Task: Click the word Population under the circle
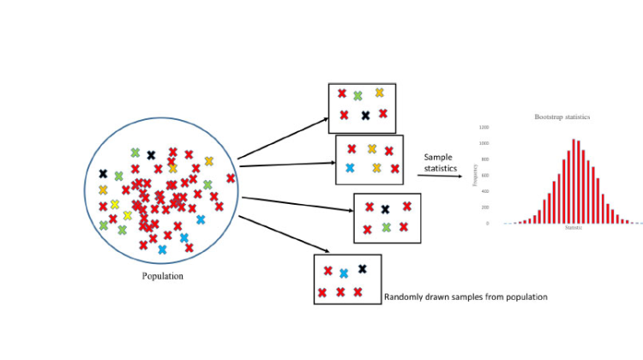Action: [x=163, y=276]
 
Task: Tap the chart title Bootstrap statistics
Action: [x=562, y=116]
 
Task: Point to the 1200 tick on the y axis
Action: [x=484, y=127]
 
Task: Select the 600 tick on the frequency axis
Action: [x=485, y=175]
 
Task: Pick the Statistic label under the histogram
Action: [x=574, y=229]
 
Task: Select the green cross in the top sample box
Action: [x=358, y=95]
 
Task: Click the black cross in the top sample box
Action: [x=365, y=115]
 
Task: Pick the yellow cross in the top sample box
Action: [x=379, y=92]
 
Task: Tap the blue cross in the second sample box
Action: [x=350, y=168]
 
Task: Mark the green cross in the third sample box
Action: [x=387, y=227]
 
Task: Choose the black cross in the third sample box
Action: [x=385, y=208]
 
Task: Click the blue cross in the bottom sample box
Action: [x=343, y=273]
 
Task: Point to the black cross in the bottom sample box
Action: [x=363, y=268]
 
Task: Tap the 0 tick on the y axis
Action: [x=488, y=223]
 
